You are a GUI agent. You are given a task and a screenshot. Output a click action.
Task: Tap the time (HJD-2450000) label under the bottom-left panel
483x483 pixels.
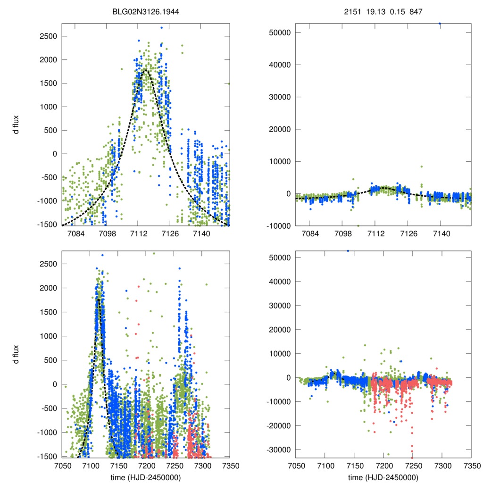(146, 477)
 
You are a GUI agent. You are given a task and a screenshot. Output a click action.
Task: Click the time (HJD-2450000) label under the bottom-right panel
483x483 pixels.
(383, 477)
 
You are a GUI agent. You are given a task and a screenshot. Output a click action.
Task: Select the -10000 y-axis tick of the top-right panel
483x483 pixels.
(278, 225)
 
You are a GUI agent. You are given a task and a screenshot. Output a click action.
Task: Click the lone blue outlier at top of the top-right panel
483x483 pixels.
(440, 23)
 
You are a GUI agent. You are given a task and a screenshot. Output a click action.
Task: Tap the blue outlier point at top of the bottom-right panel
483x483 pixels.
(348, 250)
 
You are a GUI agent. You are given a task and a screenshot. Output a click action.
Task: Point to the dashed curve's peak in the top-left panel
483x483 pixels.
(145, 70)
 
